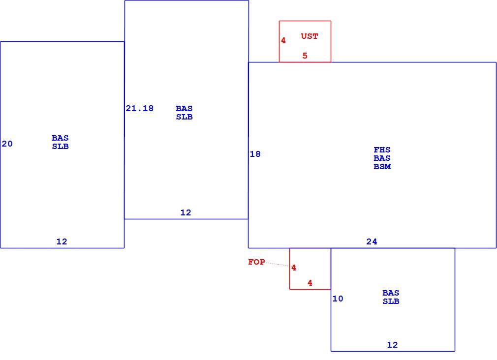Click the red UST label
(x=310, y=36)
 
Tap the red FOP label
(x=256, y=262)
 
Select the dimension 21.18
(x=139, y=108)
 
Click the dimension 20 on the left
(x=7, y=144)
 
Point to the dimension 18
(x=255, y=154)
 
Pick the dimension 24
(x=372, y=242)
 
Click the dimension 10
(x=338, y=299)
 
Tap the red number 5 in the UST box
(x=305, y=56)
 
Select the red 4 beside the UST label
(x=283, y=40)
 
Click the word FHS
(x=382, y=150)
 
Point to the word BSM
(x=382, y=166)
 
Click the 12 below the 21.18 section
(x=186, y=212)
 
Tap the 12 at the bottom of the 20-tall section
(x=62, y=242)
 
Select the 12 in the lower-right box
(x=392, y=345)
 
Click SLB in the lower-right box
(x=391, y=301)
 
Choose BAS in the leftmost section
(x=60, y=138)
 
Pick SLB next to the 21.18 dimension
(x=184, y=117)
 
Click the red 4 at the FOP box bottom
(x=310, y=283)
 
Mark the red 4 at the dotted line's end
(x=294, y=268)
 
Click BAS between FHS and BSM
(x=382, y=158)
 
